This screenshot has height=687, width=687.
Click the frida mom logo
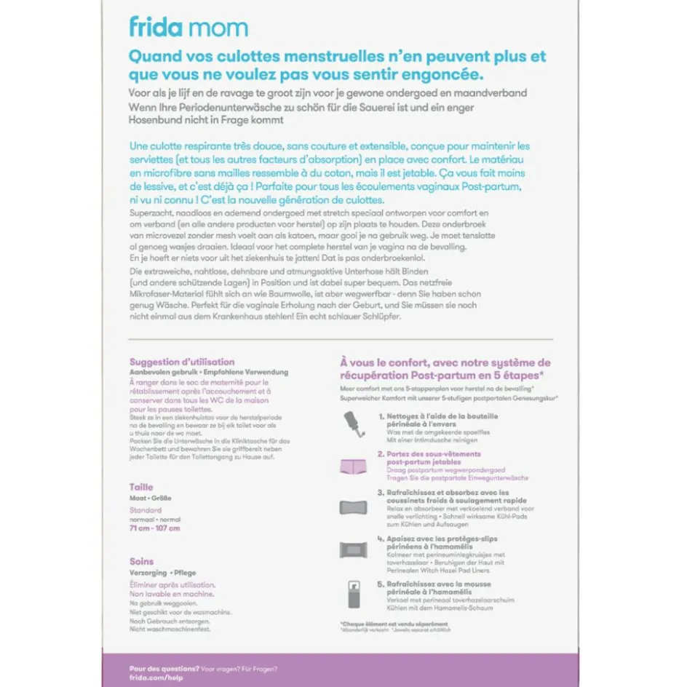[188, 28]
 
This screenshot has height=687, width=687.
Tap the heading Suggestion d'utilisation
[182, 362]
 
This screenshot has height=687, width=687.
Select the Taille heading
[141, 487]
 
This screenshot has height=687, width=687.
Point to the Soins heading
[141, 561]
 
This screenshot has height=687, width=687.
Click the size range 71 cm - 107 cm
[154, 528]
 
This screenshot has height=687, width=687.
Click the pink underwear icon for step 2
[353, 466]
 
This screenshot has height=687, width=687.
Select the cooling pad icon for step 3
[353, 507]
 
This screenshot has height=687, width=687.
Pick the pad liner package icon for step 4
[353, 549]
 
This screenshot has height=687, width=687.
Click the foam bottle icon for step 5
[352, 593]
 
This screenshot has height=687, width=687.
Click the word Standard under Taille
[146, 510]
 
